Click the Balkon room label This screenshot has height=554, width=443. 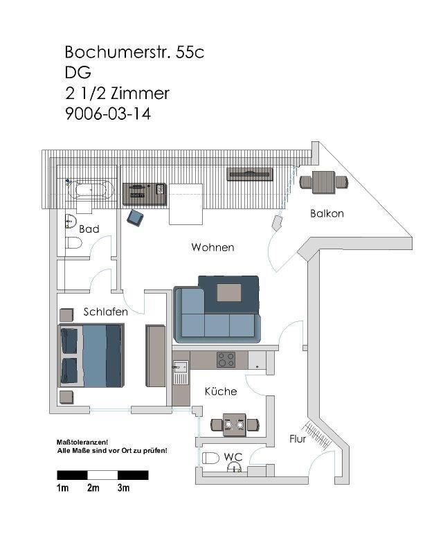tap(327, 213)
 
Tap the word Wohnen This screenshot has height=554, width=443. tap(213, 247)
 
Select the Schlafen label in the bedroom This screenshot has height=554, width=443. tap(106, 312)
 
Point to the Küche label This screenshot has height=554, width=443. tap(221, 391)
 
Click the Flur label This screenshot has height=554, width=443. tap(298, 439)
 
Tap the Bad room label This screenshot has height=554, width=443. tap(89, 229)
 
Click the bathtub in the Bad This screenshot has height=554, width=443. tap(90, 190)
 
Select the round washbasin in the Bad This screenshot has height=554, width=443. tap(71, 222)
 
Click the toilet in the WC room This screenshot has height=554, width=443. tap(210, 458)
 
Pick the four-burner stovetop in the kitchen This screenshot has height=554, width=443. tap(226, 359)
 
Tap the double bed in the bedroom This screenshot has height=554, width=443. tap(91, 355)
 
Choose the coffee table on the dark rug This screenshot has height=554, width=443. tap(229, 292)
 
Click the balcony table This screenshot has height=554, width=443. tap(323, 182)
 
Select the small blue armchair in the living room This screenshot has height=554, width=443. tap(135, 217)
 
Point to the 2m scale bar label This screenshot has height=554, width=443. tap(93, 488)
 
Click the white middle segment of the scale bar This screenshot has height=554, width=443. tap(102, 475)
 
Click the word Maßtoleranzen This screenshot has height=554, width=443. tap(82, 443)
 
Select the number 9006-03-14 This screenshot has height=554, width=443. tap(108, 114)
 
